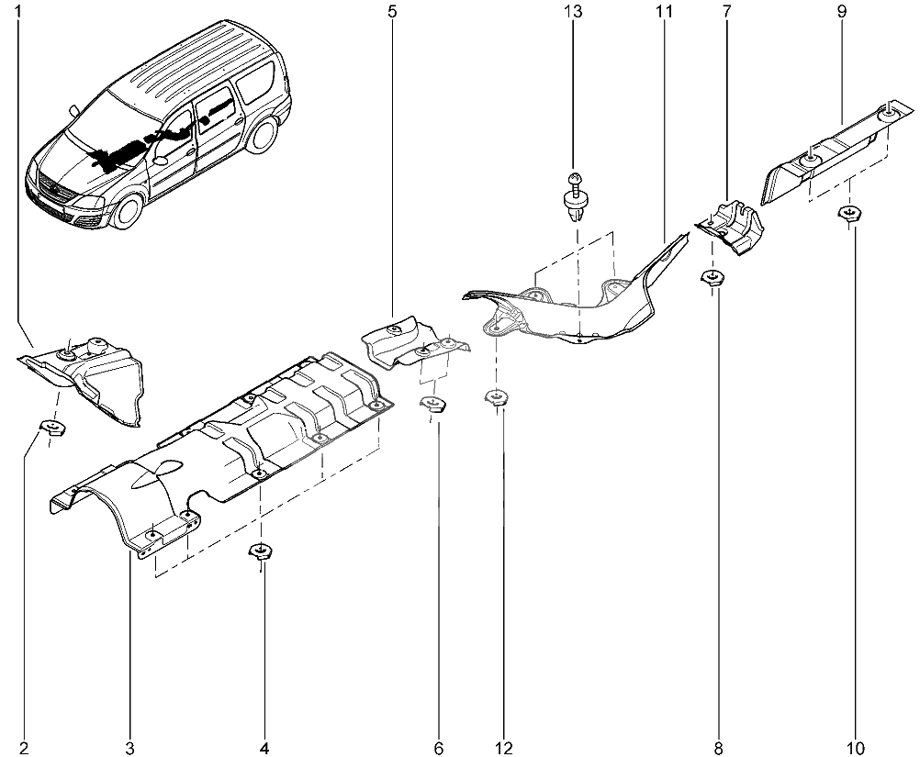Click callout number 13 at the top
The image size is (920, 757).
point(574,11)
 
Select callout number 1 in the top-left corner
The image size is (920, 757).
point(18,11)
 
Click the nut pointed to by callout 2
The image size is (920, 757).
point(52,428)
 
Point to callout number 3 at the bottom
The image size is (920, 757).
point(130,748)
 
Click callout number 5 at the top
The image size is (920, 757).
point(392,11)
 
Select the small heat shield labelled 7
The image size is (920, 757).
point(729,228)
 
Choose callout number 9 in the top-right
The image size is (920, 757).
point(842,11)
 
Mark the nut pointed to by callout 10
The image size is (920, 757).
point(848,214)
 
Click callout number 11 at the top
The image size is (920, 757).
point(664,11)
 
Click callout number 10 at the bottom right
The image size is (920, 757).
point(856,748)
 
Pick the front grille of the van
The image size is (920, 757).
point(53,190)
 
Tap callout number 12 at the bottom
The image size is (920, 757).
point(503,748)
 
